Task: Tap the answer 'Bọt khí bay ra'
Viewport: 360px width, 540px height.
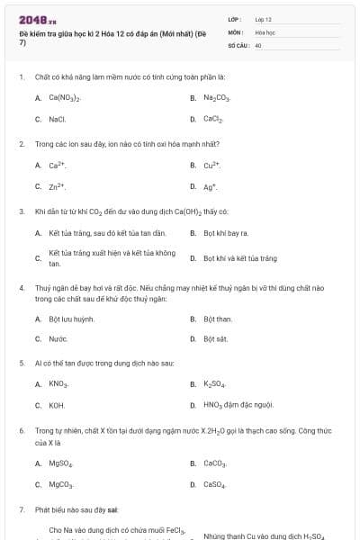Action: coord(226,233)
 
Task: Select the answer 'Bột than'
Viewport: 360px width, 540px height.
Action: coord(218,318)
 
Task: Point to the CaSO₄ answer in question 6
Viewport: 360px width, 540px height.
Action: coord(214,485)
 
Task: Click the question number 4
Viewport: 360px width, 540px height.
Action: coord(21,288)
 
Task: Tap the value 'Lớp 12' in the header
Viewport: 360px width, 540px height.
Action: coord(264,19)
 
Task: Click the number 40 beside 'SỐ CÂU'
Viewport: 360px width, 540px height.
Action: coord(258,44)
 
